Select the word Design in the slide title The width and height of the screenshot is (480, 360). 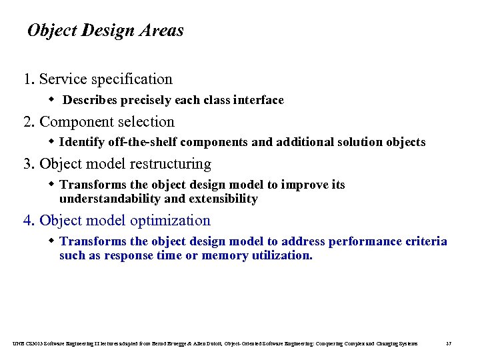click(x=107, y=31)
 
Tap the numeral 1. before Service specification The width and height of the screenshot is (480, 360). click(x=29, y=79)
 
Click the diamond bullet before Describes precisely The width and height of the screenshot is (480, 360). click(x=52, y=100)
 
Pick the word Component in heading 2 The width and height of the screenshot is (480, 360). click(x=73, y=122)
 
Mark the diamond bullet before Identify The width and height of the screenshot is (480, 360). click(x=52, y=142)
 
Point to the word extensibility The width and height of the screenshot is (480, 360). click(x=223, y=199)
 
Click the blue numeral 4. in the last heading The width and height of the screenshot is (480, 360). click(x=29, y=221)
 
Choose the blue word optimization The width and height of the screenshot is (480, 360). click(x=170, y=221)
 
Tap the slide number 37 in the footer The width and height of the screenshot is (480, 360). click(x=449, y=343)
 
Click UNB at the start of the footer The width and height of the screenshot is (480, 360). click(x=17, y=343)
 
